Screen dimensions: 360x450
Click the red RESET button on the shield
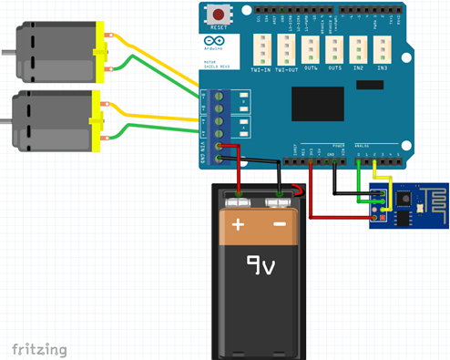click(219, 15)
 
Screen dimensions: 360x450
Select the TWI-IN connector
click(261, 51)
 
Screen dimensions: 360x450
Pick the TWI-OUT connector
click(286, 51)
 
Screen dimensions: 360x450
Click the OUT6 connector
click(311, 51)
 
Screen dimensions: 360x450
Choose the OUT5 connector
click(335, 51)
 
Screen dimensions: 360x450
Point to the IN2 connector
click(360, 51)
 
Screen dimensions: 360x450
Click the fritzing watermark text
click(40, 348)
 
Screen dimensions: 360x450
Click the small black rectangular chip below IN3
click(370, 84)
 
